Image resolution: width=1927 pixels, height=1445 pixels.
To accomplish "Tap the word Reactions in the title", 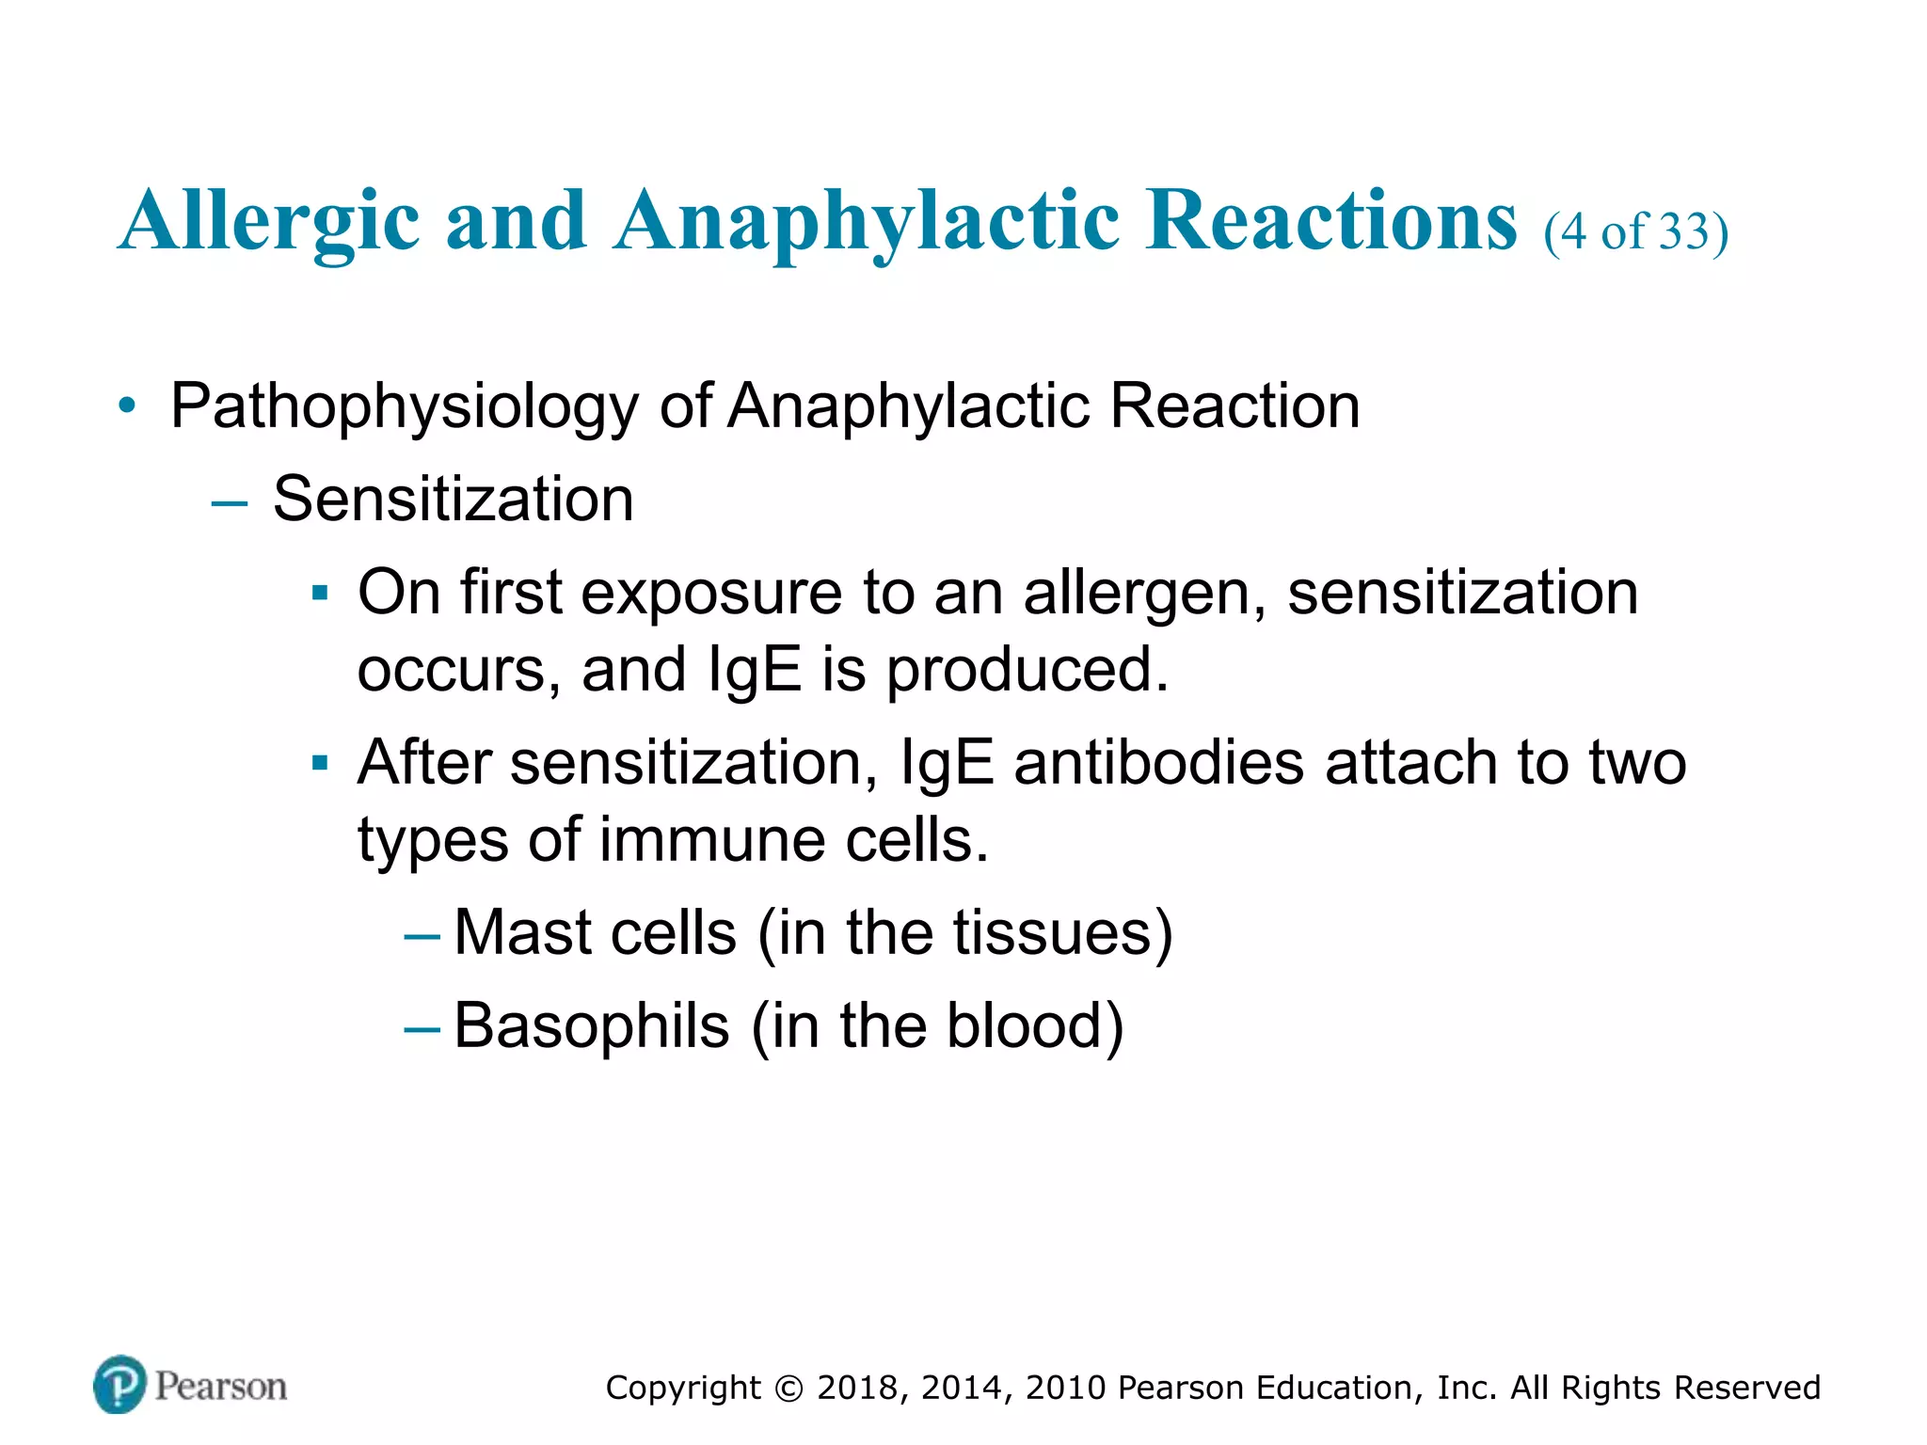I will [1330, 221].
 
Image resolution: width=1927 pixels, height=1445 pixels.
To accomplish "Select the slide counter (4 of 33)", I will [1635, 231].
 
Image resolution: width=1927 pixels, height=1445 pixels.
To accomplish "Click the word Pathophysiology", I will [405, 407].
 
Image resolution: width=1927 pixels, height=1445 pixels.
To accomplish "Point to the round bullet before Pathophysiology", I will [128, 407].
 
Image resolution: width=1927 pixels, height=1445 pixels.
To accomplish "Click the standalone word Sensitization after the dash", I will [453, 499].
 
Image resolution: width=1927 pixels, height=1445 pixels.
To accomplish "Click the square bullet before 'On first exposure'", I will [320, 595].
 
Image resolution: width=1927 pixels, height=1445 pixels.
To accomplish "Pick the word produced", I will [1027, 671].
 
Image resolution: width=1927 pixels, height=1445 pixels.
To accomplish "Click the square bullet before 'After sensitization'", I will [320, 763].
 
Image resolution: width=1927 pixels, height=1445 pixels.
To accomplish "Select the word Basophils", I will [591, 1025].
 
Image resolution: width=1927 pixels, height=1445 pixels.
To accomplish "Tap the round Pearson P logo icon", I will [119, 1385].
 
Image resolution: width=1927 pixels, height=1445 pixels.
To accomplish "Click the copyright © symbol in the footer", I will [789, 1389].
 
